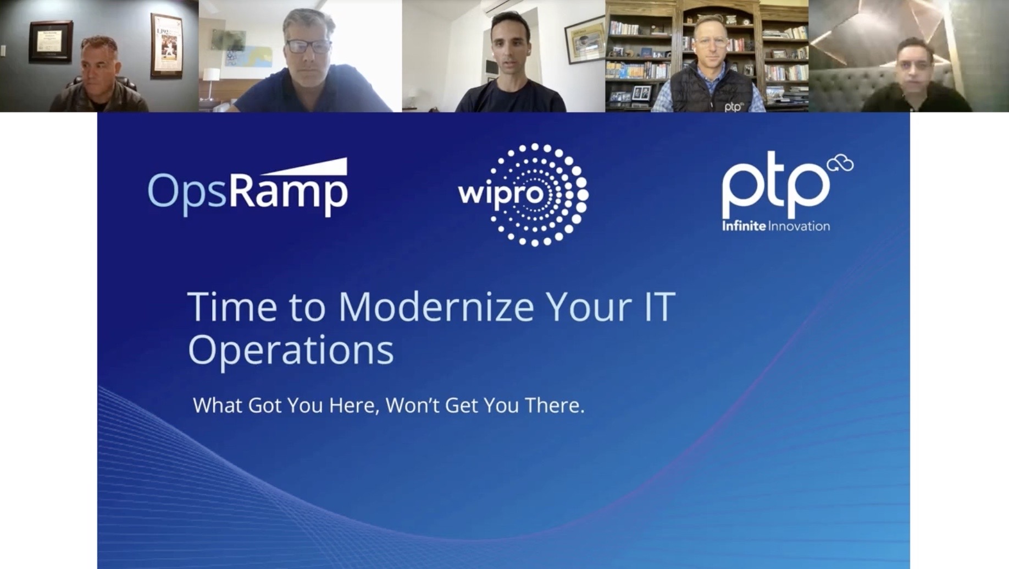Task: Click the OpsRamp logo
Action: point(248,188)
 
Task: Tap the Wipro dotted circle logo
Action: point(524,195)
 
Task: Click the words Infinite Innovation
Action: point(776,226)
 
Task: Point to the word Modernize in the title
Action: point(436,307)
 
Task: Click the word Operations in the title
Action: point(291,349)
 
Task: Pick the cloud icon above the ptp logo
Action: point(840,163)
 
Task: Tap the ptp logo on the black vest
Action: point(733,107)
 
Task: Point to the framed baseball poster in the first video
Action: point(167,45)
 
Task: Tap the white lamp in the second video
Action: point(211,83)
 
